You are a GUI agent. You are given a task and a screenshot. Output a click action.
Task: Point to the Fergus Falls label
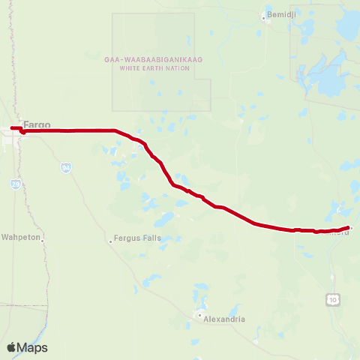137,238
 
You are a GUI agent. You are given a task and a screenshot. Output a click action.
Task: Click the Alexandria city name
225,319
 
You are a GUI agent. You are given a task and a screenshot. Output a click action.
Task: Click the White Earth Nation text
154,68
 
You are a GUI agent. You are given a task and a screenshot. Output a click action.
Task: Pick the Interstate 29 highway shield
16,183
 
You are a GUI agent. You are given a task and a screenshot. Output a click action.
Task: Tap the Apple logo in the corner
11,347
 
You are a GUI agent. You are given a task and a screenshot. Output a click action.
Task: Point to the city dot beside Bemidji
263,16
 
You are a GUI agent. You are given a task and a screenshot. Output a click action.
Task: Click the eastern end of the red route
349,226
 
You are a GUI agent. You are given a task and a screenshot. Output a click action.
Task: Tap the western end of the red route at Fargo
12,128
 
